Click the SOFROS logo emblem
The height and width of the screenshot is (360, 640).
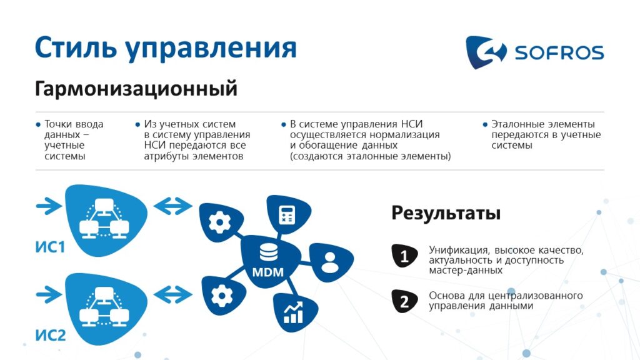486,52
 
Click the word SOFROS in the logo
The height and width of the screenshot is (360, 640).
559,52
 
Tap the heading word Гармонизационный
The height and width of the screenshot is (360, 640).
136,89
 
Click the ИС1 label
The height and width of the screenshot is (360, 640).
50,247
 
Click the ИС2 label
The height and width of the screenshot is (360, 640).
50,335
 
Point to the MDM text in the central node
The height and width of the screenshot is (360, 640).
267,272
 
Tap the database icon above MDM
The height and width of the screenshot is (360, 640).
269,252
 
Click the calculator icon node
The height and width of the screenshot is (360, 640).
288,214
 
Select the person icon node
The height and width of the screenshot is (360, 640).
331,262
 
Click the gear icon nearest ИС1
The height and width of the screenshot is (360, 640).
220,222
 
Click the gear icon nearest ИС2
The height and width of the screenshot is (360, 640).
222,296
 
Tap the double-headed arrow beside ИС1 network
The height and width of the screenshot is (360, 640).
172,206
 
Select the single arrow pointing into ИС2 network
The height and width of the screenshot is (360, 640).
49,294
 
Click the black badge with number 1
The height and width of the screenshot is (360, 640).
404,256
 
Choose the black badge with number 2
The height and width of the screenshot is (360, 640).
404,301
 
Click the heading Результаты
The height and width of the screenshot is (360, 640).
446,213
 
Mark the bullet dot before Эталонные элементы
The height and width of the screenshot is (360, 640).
485,124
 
